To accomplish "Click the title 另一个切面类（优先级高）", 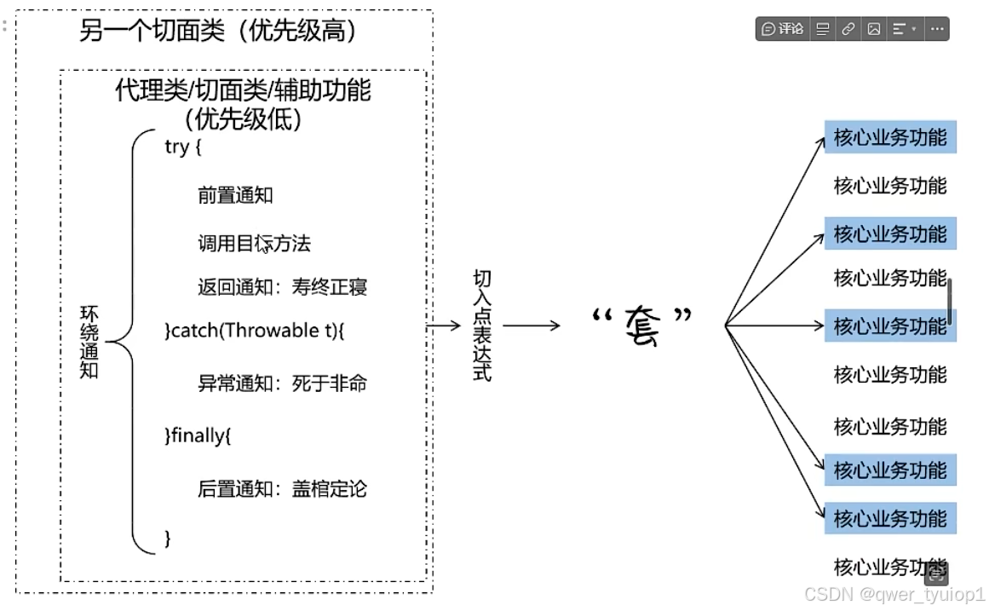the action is (x=217, y=32).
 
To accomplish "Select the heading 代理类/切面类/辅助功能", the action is (x=243, y=89).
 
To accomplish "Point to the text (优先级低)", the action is (x=243, y=119).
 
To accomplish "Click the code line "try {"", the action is (x=182, y=147).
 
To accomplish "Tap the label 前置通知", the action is (x=235, y=195).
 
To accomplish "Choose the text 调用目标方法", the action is (x=254, y=245).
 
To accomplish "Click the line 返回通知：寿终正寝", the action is (x=282, y=287).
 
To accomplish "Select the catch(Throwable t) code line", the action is (x=254, y=331).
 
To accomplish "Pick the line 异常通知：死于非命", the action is (x=282, y=383).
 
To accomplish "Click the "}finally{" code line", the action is (x=198, y=436).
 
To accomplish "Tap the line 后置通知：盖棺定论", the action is (x=282, y=489).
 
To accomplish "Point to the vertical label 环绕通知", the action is (x=89, y=342).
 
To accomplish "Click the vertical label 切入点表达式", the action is (x=482, y=326).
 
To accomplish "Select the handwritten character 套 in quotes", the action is (x=641, y=325).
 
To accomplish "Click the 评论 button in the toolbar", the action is (x=783, y=29).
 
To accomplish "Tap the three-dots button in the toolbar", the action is (x=937, y=29).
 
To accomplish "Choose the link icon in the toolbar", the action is (x=848, y=29).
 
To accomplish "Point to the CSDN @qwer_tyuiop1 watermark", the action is (x=894, y=594).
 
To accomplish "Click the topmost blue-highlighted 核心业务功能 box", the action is (x=890, y=137).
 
